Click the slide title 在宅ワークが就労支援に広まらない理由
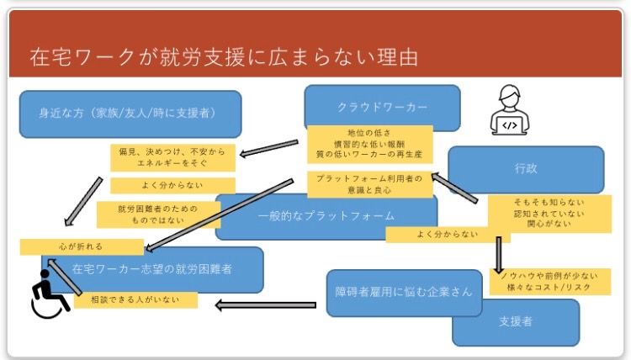click(224, 57)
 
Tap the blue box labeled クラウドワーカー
click(383, 107)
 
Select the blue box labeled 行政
click(526, 168)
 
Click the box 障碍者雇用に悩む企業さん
click(395, 292)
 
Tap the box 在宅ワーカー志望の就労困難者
click(151, 271)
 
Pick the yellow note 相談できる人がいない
click(135, 299)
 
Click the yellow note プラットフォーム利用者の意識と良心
click(369, 183)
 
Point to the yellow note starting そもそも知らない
click(548, 214)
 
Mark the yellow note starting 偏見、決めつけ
click(173, 157)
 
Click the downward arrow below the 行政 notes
click(499, 252)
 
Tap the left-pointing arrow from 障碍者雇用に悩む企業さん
click(265, 304)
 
